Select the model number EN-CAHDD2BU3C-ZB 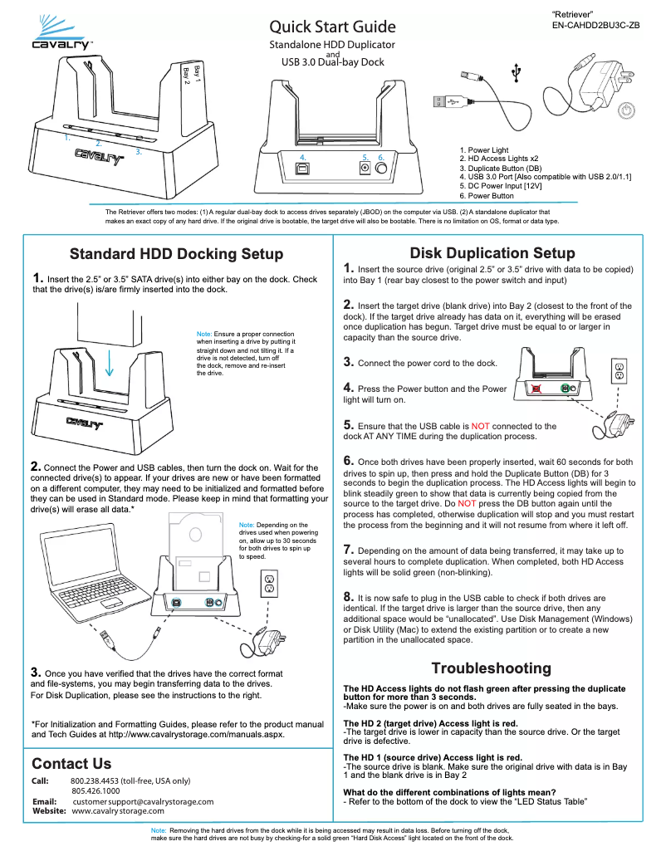pos(595,26)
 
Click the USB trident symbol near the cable pos(517,74)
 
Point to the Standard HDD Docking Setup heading pos(176,254)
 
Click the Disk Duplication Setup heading pos(492,253)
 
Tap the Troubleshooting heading pos(491,668)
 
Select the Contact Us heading pos(71,763)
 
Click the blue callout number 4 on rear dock pos(303,157)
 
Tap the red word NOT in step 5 pos(481,426)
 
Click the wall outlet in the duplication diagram pos(618,371)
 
